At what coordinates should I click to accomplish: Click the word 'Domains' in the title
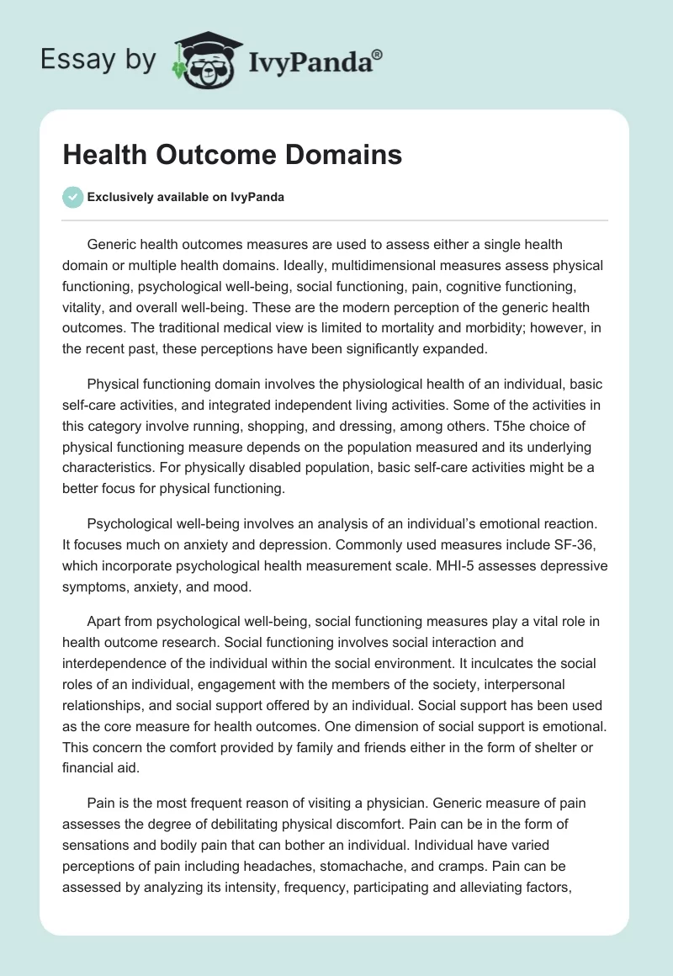330,155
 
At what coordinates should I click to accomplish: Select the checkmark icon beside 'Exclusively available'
73,197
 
